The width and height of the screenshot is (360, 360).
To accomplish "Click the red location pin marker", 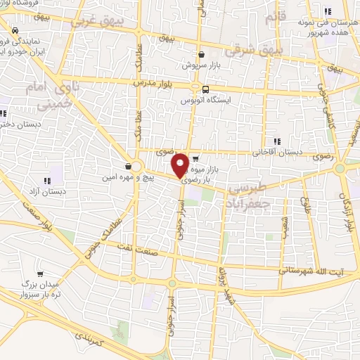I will tap(180, 165).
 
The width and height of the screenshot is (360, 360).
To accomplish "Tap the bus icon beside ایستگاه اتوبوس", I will tap(205, 89).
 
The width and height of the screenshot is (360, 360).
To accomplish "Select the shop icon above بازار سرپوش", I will tap(202, 54).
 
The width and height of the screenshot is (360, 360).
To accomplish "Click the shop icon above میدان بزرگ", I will tap(41, 275).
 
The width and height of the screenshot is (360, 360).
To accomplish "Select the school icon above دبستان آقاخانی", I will tap(276, 141).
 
